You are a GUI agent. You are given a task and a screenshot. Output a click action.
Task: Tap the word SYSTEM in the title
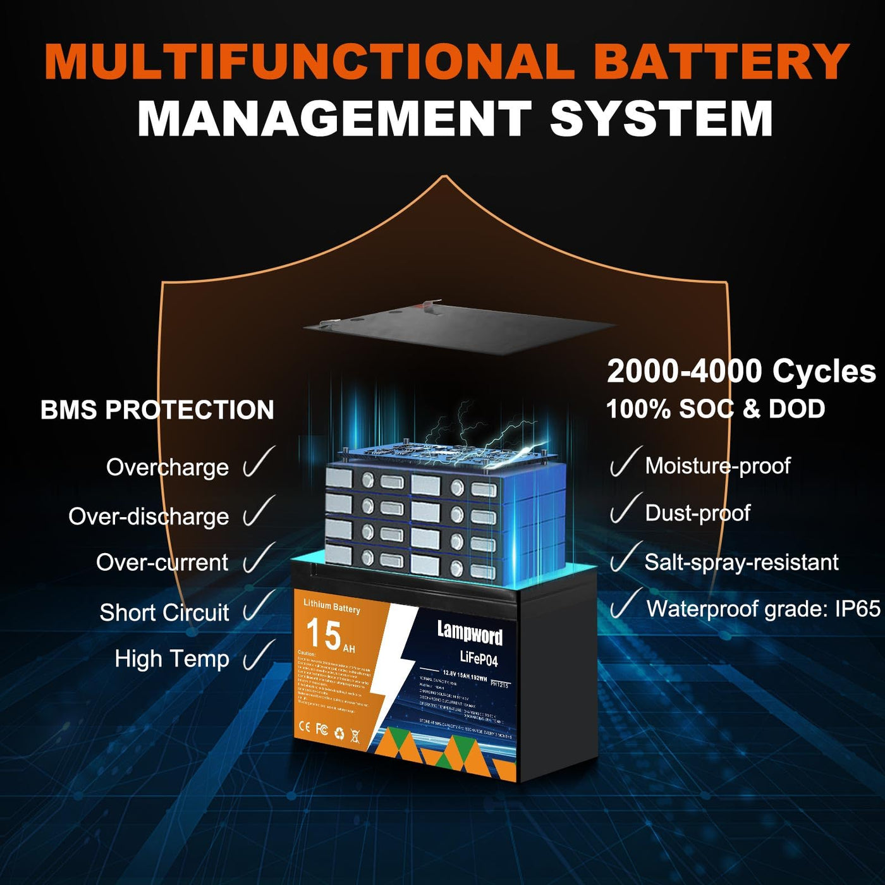click(x=661, y=118)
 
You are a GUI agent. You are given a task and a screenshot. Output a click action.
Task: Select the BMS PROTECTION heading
click(x=157, y=410)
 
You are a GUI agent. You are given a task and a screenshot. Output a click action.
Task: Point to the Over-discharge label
click(x=149, y=516)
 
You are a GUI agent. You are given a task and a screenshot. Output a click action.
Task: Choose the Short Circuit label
click(x=164, y=612)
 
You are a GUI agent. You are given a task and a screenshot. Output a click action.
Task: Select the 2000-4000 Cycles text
click(x=741, y=371)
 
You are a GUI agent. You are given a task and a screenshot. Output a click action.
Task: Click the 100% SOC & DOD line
click(x=716, y=409)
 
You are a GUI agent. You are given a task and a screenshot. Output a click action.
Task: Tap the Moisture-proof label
click(x=717, y=466)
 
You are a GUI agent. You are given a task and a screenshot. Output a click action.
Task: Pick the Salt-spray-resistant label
click(x=742, y=562)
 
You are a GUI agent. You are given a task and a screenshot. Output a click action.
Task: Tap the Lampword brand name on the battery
click(x=470, y=632)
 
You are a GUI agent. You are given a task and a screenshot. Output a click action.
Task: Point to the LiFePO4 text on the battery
click(x=479, y=659)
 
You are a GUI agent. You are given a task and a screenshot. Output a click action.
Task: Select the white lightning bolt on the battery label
click(x=392, y=670)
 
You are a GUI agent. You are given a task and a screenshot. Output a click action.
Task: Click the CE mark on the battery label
click(x=305, y=728)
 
